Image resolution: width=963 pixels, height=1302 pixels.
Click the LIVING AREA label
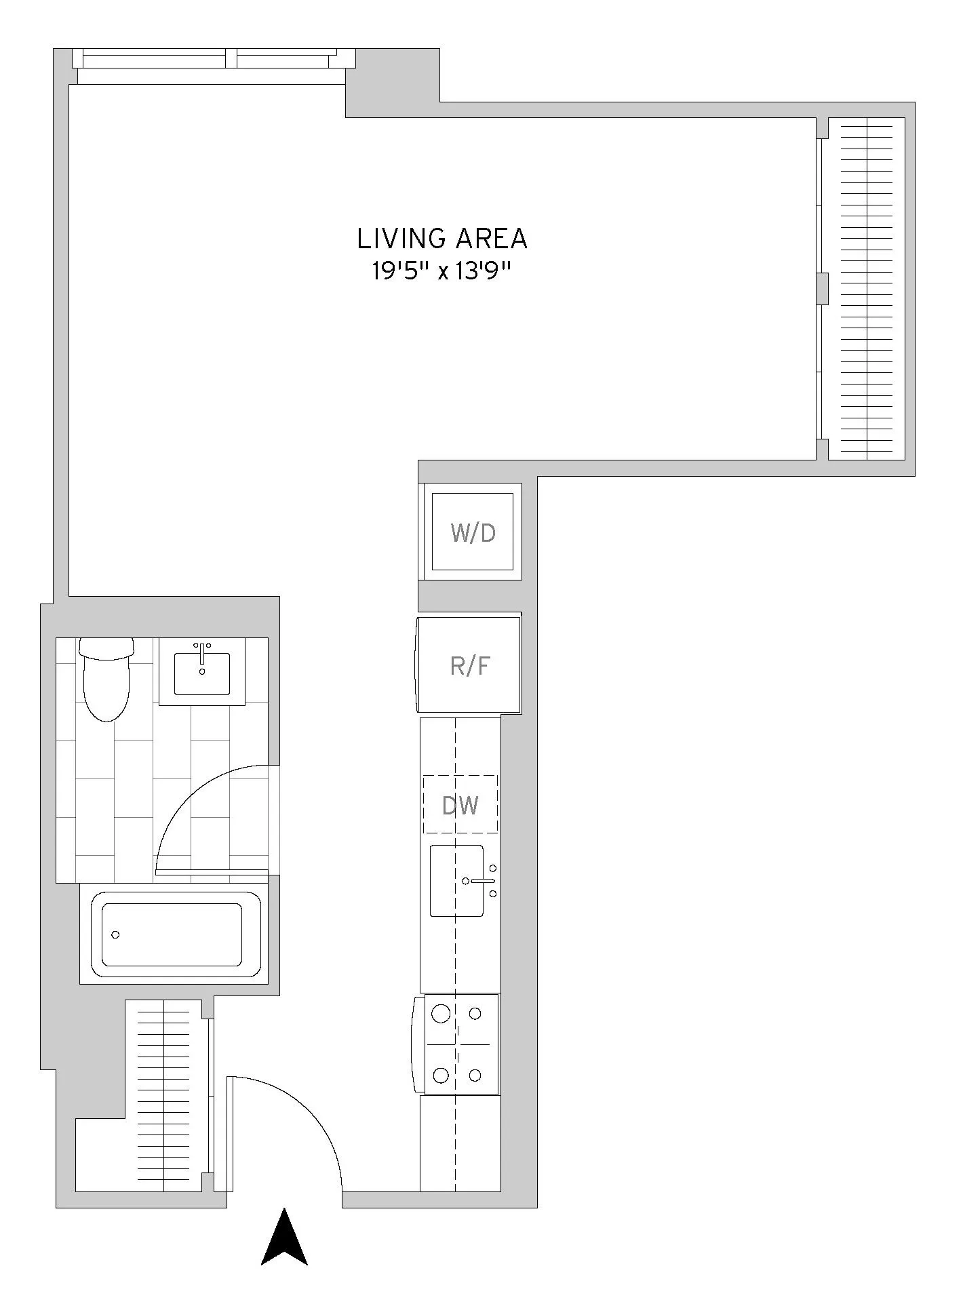coord(441,239)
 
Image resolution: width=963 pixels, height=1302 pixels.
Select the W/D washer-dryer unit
coord(473,532)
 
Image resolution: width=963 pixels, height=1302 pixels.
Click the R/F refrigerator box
coord(469,665)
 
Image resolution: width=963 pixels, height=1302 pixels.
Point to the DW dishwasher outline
coord(460,804)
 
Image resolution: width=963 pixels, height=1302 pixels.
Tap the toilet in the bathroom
coord(106,682)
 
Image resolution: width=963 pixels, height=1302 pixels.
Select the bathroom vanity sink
coord(202,673)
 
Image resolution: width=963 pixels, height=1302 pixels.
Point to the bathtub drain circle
coord(115,934)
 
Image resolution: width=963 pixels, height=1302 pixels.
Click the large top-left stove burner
coord(441,1014)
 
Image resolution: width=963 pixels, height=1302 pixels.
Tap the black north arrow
coord(285,1238)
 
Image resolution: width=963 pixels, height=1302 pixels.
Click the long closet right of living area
coord(867,288)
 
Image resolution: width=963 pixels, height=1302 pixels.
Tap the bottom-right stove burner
coord(475,1075)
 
